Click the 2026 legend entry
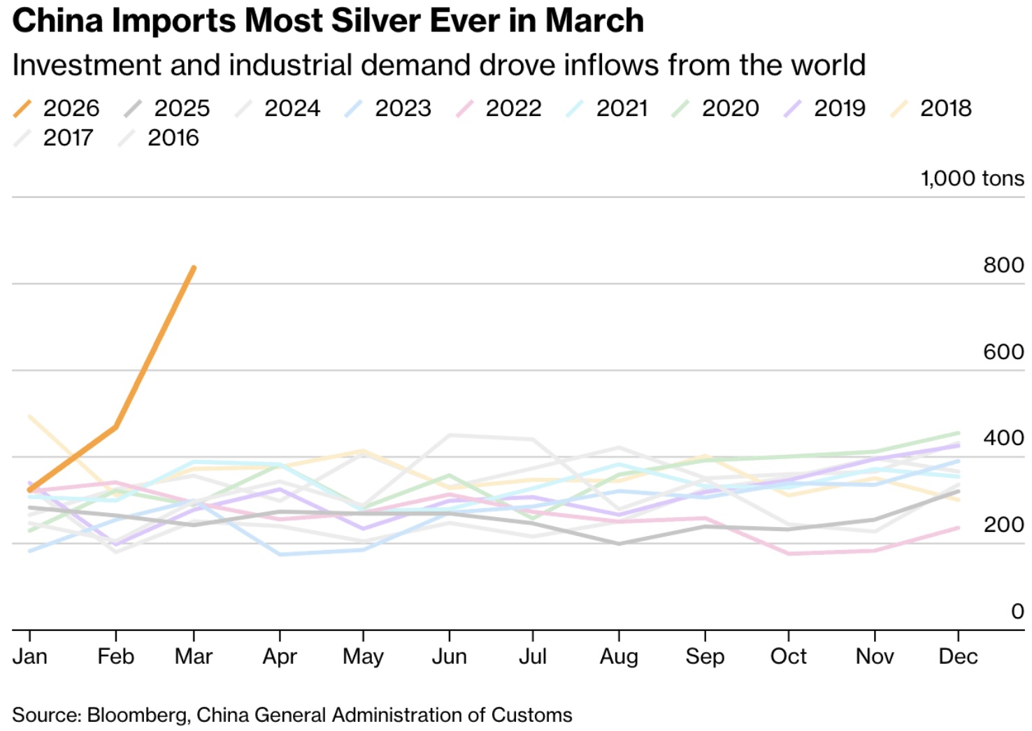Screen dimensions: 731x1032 (x=57, y=108)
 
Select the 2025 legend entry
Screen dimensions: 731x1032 (x=168, y=108)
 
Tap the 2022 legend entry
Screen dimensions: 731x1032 (x=499, y=108)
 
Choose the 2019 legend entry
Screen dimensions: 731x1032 (x=825, y=108)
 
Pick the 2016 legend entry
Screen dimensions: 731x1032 (x=159, y=138)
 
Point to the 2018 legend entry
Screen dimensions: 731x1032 (x=931, y=108)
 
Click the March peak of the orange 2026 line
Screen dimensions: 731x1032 (x=194, y=268)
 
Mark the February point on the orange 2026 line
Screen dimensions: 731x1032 (x=115, y=427)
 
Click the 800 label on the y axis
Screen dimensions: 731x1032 (x=1003, y=266)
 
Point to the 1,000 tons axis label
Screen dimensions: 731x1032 (x=972, y=179)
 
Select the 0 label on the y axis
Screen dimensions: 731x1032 (x=1017, y=611)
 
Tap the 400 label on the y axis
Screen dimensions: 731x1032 (x=1003, y=438)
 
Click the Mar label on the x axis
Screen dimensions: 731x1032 (x=194, y=657)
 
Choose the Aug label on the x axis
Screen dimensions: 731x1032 (x=619, y=657)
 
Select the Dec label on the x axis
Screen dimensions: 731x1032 (x=958, y=657)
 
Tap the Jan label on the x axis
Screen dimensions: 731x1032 (x=30, y=657)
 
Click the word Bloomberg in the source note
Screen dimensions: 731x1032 (x=137, y=715)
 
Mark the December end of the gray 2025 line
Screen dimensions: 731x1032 (x=958, y=491)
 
